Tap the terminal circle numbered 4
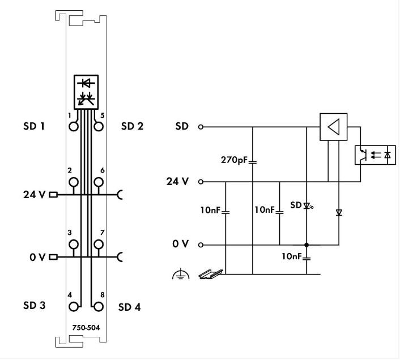(x=74, y=307)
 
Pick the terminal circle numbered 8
(x=99, y=307)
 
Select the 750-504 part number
(x=86, y=327)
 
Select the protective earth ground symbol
(x=179, y=275)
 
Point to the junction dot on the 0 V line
(x=307, y=245)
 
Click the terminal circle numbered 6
(x=99, y=182)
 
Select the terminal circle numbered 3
(x=74, y=244)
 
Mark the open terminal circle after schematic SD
(x=200, y=127)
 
